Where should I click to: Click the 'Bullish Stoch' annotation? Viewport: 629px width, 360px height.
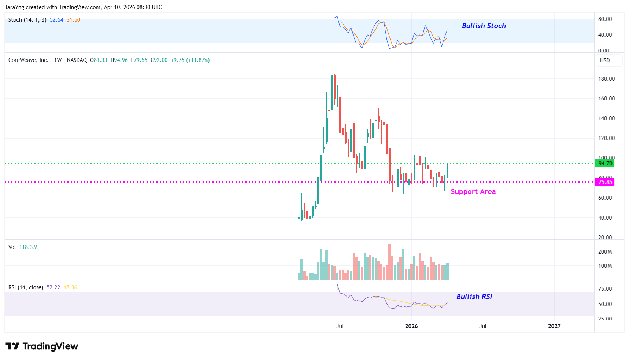[x=484, y=26]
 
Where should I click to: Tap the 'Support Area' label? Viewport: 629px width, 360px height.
[x=473, y=192]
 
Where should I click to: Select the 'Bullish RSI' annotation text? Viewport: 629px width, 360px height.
[x=474, y=297]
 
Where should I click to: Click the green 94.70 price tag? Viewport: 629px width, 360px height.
[x=605, y=164]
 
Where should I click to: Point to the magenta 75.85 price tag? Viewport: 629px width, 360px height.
[x=605, y=182]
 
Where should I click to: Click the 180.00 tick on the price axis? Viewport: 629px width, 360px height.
[x=606, y=79]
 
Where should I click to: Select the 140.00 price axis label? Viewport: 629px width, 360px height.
[x=606, y=118]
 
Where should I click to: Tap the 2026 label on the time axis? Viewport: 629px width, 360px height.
[x=411, y=326]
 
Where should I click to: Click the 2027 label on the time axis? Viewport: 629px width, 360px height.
[x=554, y=326]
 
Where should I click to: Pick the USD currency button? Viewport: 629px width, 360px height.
[x=605, y=60]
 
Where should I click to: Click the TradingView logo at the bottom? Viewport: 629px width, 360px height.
[x=42, y=346]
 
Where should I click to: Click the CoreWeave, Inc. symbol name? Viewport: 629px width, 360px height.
[x=28, y=60]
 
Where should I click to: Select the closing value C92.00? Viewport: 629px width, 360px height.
[x=159, y=60]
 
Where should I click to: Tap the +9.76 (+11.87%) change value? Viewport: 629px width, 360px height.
[x=190, y=60]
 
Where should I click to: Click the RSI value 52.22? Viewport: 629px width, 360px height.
[x=53, y=287]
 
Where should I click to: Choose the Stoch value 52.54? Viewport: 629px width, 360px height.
[x=56, y=20]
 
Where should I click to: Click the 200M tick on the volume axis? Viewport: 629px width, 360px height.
[x=605, y=252]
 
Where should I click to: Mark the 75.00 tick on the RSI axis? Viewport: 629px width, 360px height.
[x=605, y=289]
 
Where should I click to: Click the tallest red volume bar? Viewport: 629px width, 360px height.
[x=389, y=262]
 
